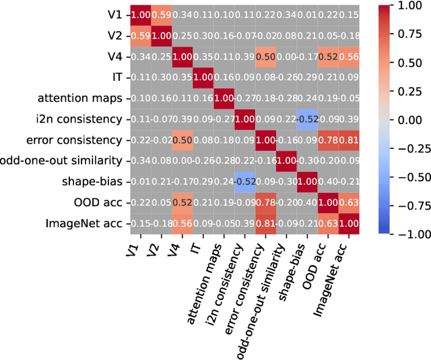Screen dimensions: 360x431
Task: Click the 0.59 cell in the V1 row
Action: (x=161, y=15)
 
